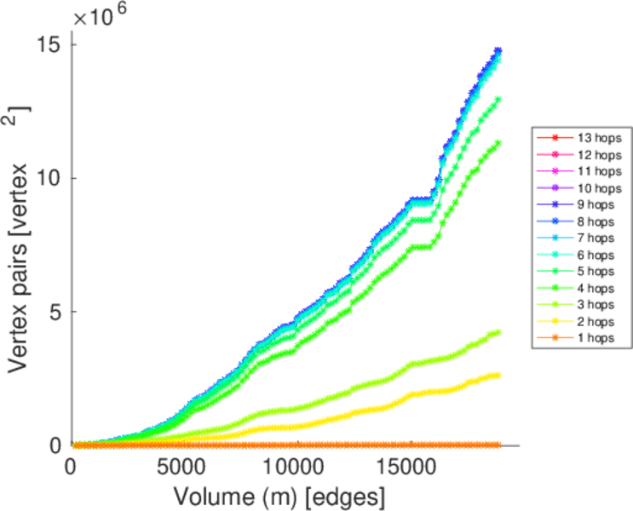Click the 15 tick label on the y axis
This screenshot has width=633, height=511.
pos(49,44)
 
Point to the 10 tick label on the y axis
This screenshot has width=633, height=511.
pos(49,178)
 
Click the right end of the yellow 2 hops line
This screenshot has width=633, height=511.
pos(498,375)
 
